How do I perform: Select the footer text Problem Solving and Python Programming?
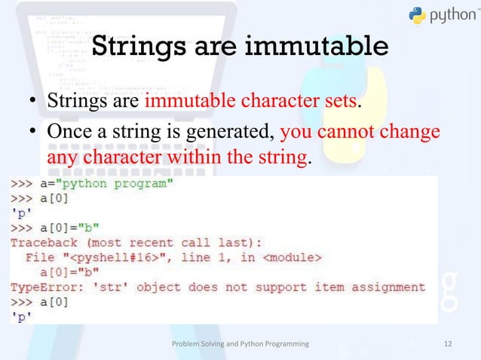point(240,343)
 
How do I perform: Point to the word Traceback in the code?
point(44,243)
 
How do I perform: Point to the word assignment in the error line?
point(384,287)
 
